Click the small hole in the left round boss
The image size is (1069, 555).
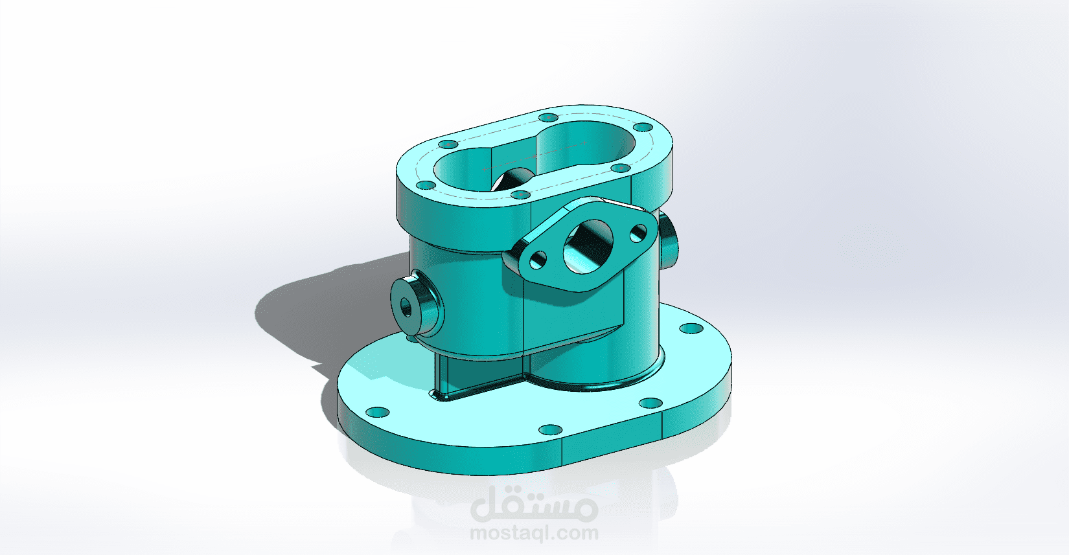[x=407, y=306]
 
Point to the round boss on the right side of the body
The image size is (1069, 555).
[x=669, y=240]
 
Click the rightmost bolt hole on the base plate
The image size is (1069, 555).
[x=691, y=328]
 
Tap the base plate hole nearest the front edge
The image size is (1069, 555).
[x=550, y=429]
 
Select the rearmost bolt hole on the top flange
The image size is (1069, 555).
[x=548, y=118]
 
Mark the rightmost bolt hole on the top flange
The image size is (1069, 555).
[x=642, y=127]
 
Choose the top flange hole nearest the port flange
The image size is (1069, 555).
[x=520, y=194]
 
